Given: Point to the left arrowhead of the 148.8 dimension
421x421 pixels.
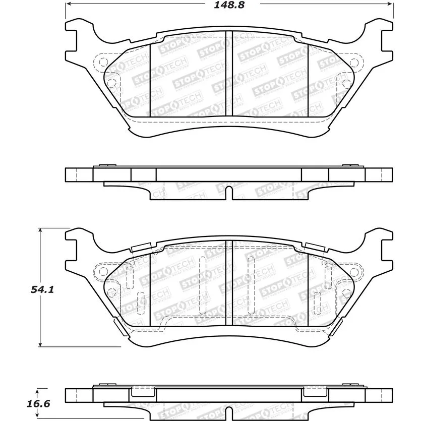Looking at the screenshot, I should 69,4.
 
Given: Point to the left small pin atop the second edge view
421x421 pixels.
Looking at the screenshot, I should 105,165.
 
